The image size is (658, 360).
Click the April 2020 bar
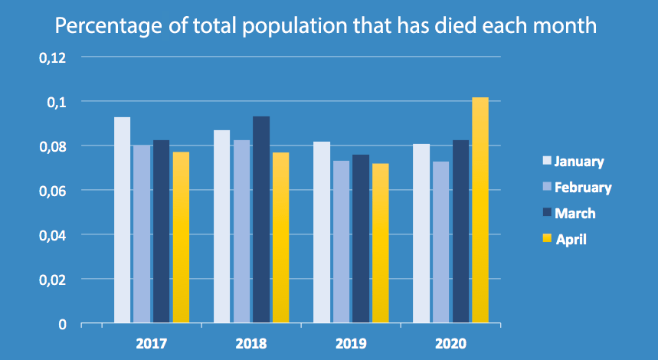coord(480,210)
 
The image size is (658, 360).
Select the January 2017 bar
coord(122,220)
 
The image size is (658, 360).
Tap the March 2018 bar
coord(260,220)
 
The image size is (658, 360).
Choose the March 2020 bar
coord(460,231)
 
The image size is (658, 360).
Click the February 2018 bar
coord(241,231)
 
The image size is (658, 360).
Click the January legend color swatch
coord(547,162)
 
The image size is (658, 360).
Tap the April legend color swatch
coord(547,240)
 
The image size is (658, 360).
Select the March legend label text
coord(575,214)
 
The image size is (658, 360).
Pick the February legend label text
coord(583,188)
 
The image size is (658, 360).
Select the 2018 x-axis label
coord(252,342)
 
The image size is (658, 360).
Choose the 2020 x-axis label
coord(450,342)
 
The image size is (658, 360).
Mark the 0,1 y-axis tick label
coord(58,102)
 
